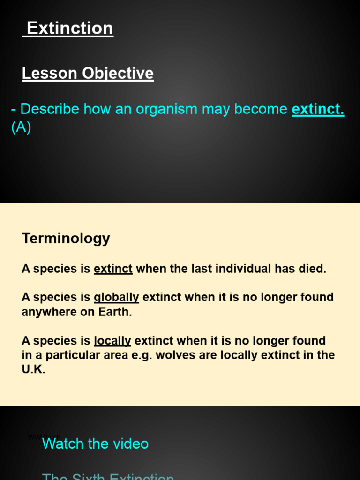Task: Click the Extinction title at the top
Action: (x=70, y=29)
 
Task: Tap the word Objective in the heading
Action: (x=118, y=73)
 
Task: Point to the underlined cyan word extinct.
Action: (x=318, y=109)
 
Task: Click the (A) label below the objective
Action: (x=21, y=127)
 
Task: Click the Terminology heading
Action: (x=66, y=238)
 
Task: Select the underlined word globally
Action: (x=116, y=297)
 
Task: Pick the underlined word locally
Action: (x=112, y=341)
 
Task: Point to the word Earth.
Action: (x=116, y=312)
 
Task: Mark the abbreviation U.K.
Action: (x=33, y=369)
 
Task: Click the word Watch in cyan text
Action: (x=62, y=443)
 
